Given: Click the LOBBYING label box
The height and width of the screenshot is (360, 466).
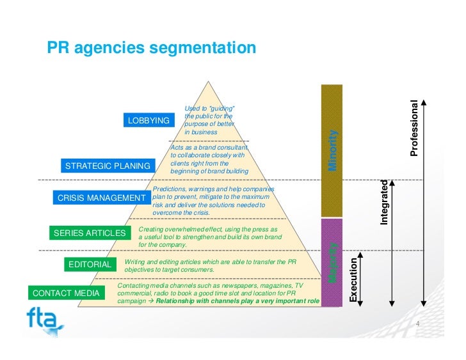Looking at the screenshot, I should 149,120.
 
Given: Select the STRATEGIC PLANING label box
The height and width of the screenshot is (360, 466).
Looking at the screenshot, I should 108,166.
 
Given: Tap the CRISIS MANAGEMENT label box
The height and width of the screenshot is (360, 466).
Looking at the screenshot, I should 101,198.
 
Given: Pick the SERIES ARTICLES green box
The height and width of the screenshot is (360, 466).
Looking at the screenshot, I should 90,233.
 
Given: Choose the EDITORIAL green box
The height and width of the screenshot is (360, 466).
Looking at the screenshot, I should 90,264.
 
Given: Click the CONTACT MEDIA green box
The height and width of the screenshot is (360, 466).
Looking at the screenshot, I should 66,293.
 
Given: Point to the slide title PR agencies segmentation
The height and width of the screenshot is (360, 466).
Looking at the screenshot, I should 152,49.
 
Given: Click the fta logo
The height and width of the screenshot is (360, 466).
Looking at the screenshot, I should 45,318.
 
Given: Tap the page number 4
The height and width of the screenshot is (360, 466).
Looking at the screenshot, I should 417,324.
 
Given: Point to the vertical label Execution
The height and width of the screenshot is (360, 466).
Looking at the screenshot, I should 353,279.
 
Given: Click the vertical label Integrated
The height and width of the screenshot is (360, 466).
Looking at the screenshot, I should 385,202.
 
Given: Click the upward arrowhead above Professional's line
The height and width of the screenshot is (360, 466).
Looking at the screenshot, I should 424,100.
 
